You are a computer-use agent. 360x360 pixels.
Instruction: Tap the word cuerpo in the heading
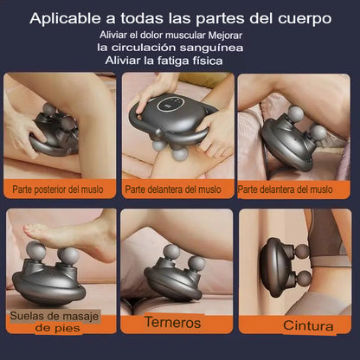tap(305, 19)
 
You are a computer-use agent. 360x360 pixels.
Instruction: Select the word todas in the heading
tap(142, 18)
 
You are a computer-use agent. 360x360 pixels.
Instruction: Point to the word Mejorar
tap(225, 35)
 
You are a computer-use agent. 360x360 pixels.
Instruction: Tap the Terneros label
tap(172, 322)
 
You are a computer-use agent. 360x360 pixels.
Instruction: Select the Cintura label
tap(308, 325)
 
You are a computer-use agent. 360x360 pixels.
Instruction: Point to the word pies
tap(67, 328)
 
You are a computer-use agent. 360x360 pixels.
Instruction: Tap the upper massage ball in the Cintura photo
tap(302, 252)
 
